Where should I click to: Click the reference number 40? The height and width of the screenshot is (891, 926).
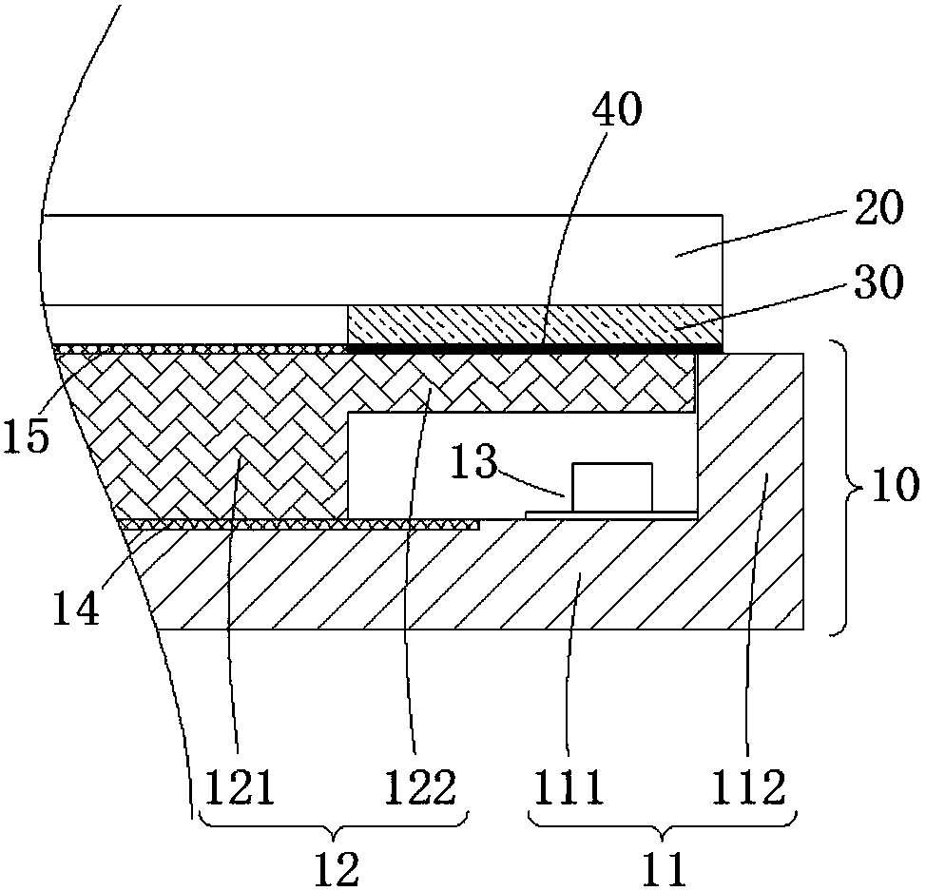pos(617,111)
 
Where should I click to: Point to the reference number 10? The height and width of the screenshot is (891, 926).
pos(892,487)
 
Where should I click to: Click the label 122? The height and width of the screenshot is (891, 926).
pos(420,787)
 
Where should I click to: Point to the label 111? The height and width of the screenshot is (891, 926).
pos(568,787)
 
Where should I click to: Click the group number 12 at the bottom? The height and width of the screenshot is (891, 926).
pos(336,867)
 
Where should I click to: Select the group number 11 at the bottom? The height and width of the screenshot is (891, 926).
pos(663,867)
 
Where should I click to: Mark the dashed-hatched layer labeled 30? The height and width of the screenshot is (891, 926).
pos(532,324)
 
